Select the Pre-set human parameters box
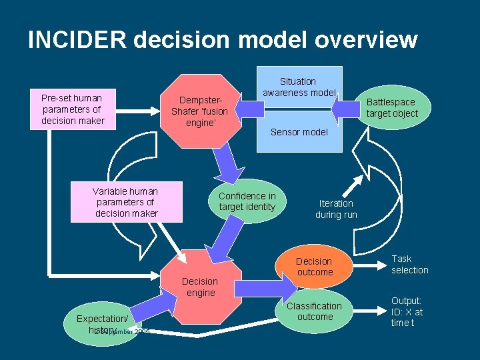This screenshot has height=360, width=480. (x=73, y=109)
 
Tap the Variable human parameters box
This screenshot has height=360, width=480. (x=127, y=202)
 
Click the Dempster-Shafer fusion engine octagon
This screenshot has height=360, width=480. (x=199, y=111)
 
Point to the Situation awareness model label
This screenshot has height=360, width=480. (x=299, y=87)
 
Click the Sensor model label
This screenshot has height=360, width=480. (x=299, y=132)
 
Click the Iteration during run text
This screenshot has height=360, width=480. (x=336, y=209)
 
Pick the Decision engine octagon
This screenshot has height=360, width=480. (x=200, y=287)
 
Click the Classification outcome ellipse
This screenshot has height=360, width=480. (x=314, y=311)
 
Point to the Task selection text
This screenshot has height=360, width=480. (x=410, y=264)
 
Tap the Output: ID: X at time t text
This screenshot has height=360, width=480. (x=407, y=311)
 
